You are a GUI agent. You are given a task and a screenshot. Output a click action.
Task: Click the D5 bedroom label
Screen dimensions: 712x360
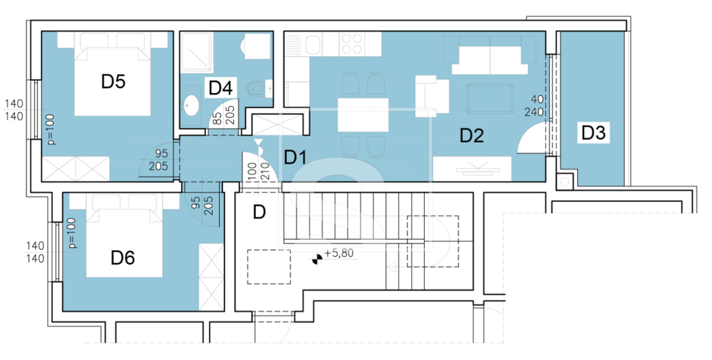[x=113, y=81]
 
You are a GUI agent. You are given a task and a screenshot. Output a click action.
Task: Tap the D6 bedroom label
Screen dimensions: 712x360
[x=123, y=257]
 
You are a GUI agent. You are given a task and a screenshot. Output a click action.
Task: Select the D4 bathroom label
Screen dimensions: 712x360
[x=221, y=88]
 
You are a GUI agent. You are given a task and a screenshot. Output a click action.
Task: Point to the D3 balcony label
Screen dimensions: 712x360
[x=593, y=132]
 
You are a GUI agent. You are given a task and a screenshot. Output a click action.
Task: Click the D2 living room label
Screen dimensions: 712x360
[x=472, y=135]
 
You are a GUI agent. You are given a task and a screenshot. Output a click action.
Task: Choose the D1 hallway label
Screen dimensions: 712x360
[x=295, y=157]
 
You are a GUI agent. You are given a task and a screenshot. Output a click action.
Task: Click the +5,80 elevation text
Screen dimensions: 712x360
[x=339, y=253]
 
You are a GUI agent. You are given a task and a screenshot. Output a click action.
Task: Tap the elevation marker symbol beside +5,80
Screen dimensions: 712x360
[x=317, y=259]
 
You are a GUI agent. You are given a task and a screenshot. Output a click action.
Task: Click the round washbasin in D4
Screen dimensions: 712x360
[x=192, y=105]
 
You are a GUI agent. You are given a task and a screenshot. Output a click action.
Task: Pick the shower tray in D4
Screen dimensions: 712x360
[x=197, y=52]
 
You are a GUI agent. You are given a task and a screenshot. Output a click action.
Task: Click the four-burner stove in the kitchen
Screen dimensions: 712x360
[x=352, y=44]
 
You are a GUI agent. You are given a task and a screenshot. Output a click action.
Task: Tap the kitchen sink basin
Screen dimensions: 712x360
[x=313, y=44]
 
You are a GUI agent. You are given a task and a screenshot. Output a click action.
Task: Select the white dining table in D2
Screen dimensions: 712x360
[x=363, y=115]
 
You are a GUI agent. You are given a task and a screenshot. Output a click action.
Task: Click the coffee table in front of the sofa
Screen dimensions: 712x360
[x=490, y=98]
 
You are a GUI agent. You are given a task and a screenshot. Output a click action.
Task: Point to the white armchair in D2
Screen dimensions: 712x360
[x=432, y=96]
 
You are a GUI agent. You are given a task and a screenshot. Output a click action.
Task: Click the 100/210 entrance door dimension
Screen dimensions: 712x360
[x=259, y=171]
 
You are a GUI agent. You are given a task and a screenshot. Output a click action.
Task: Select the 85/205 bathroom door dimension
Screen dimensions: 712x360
[x=224, y=115]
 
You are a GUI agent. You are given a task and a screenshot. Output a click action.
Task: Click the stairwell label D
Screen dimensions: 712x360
[x=259, y=212]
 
